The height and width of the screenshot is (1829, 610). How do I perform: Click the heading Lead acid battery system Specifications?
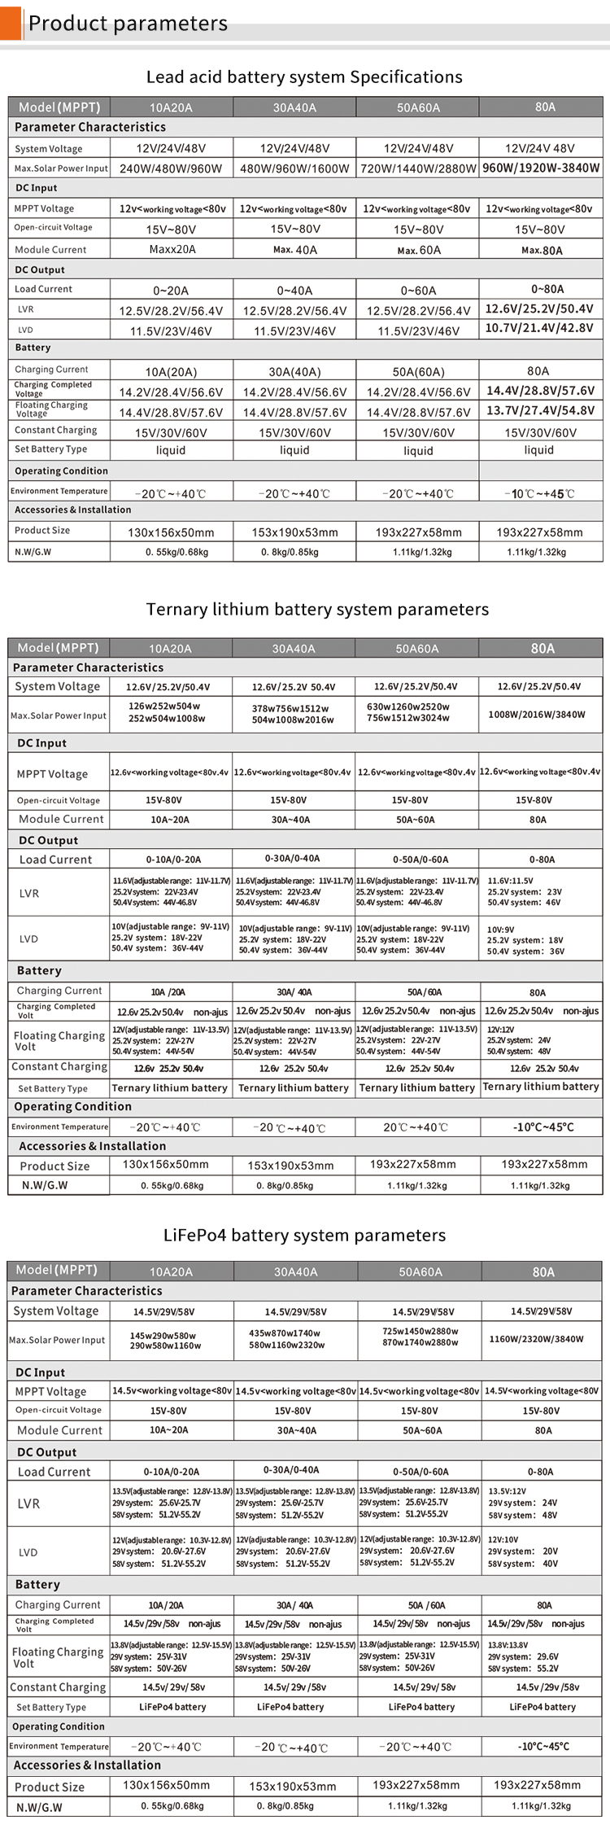click(x=304, y=77)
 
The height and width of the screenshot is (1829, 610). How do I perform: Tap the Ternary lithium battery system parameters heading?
click(x=317, y=610)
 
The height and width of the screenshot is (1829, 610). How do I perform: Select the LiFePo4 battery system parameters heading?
click(x=304, y=1236)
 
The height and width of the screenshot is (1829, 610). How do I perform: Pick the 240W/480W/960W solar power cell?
click(x=171, y=168)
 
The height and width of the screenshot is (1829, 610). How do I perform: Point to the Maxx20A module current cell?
click(x=172, y=249)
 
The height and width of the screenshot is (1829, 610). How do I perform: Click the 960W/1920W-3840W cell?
click(x=541, y=168)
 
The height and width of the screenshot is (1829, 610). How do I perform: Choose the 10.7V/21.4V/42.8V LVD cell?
click(x=539, y=328)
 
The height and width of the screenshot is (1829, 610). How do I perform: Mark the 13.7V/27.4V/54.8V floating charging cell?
click(x=540, y=410)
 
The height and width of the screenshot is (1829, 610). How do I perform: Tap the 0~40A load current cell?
click(x=294, y=291)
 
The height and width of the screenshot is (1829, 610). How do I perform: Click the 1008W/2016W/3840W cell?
click(x=537, y=715)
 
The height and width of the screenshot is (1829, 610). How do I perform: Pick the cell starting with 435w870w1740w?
click(x=294, y=1339)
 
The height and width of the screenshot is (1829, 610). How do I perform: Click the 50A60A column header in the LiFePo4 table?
click(x=420, y=1271)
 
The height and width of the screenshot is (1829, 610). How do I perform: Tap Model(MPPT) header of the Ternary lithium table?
click(x=58, y=648)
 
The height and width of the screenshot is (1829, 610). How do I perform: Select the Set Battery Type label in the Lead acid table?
click(x=50, y=449)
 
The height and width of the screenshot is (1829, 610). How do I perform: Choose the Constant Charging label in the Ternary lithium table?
click(x=59, y=1066)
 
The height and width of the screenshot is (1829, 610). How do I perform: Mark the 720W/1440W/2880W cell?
click(x=418, y=168)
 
